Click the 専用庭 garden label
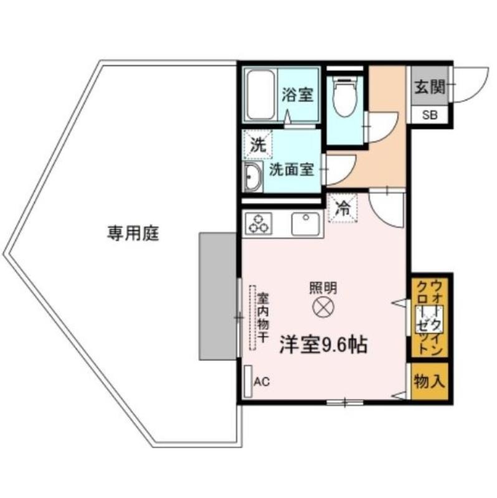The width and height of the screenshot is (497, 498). click(x=133, y=234)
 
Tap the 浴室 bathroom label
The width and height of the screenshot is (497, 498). click(x=298, y=95)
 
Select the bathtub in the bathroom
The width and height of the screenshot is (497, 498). click(x=262, y=95)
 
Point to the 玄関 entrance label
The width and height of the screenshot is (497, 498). click(x=430, y=87)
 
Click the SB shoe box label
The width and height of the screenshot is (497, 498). click(x=430, y=115)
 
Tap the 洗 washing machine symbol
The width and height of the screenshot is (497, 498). click(x=257, y=145)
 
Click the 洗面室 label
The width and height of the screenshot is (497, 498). click(x=291, y=169)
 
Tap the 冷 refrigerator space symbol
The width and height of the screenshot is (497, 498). click(x=343, y=208)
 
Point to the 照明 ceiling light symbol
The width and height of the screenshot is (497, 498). click(x=323, y=307)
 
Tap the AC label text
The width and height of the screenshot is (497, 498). click(x=262, y=382)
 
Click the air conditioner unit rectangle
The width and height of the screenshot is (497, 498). click(x=247, y=381)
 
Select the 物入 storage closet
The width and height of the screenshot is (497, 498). click(x=429, y=381)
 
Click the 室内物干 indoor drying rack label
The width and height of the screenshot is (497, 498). click(x=263, y=317)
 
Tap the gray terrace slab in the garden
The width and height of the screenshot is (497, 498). click(x=218, y=296)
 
